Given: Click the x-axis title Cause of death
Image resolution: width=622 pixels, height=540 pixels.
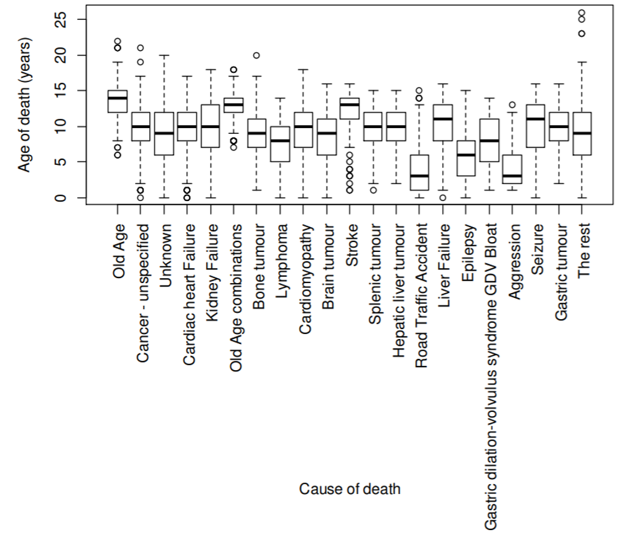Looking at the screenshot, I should (x=350, y=488).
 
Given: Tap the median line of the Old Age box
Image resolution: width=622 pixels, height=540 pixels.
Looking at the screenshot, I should (x=118, y=98).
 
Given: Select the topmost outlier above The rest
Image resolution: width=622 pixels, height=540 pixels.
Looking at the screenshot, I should (x=582, y=12).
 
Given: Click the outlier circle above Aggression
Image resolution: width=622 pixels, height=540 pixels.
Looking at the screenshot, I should (x=513, y=105).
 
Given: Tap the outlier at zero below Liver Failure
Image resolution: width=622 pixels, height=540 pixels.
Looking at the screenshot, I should (x=443, y=198).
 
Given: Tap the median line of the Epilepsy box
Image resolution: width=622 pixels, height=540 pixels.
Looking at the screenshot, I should (x=466, y=155).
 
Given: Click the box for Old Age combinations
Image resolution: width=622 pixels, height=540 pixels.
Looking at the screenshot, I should (x=234, y=105).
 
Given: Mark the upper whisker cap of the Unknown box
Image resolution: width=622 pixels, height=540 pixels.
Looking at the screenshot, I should (x=164, y=55).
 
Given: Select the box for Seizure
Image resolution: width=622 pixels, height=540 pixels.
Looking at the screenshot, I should (x=536, y=126).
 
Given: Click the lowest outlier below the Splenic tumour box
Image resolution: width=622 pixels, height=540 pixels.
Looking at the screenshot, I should (x=374, y=190).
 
